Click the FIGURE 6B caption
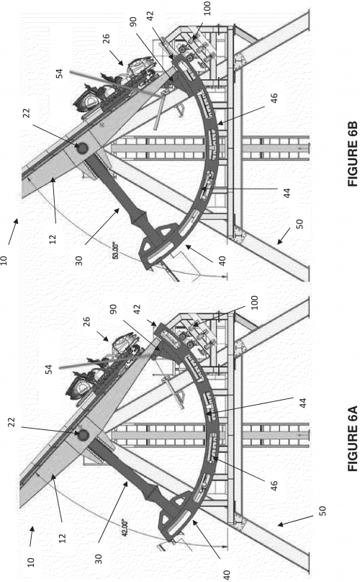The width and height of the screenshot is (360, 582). click(352, 154)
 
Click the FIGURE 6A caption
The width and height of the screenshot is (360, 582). click(352, 439)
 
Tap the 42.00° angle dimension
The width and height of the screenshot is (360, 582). click(125, 527)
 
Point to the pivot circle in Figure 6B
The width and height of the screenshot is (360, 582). click(81, 148)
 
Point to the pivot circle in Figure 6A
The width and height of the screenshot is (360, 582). click(82, 434)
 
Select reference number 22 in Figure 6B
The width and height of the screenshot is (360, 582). click(27, 113)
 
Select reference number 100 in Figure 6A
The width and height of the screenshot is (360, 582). click(255, 303)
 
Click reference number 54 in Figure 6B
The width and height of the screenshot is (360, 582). click(59, 73)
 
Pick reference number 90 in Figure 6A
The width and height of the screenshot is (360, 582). click(113, 309)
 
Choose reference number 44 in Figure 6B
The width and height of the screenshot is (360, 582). click(287, 193)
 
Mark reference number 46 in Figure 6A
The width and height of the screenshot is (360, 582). click(274, 486)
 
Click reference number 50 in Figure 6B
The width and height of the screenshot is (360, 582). click(300, 224)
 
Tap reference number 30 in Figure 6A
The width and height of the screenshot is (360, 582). click(99, 559)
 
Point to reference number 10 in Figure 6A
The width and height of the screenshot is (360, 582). click(31, 562)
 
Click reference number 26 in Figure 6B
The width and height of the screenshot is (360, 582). click(106, 39)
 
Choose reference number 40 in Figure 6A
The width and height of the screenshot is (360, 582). click(227, 575)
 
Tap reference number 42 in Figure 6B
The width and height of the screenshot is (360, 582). click(150, 17)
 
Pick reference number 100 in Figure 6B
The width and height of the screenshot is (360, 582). click(207, 8)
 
